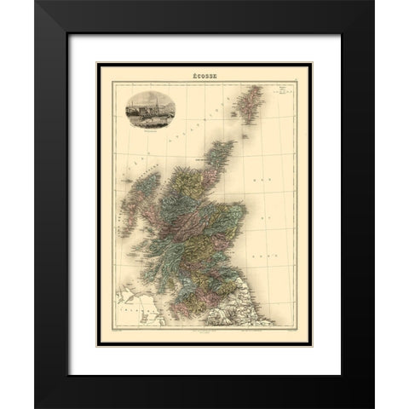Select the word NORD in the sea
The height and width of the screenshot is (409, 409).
(272, 238)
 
